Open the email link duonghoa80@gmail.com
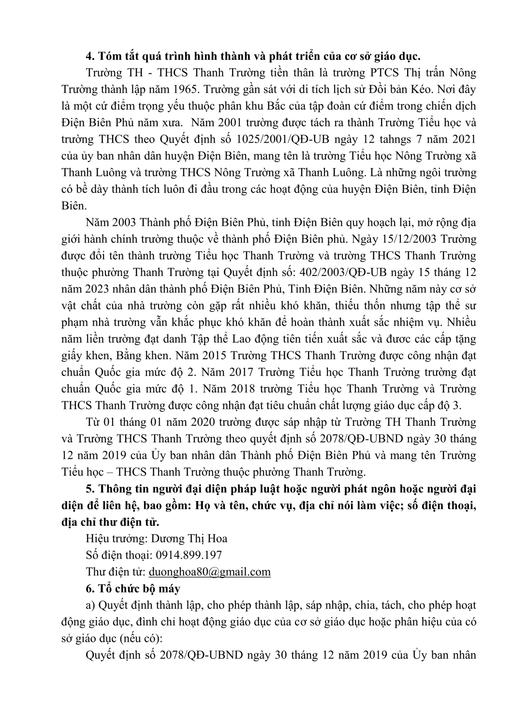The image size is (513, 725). (209, 572)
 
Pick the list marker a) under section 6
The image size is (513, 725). (90, 605)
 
